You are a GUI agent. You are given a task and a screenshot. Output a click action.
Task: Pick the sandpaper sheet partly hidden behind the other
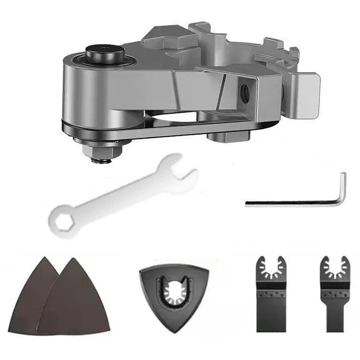[x=31, y=297]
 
